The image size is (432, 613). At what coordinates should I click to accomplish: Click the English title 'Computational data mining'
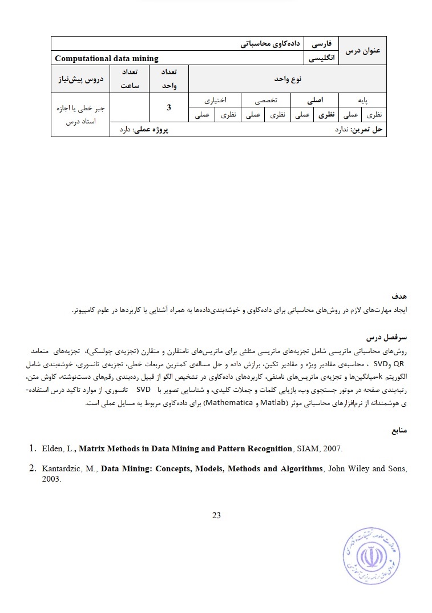click(107, 58)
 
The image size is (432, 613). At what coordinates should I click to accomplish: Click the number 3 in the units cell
click(168, 107)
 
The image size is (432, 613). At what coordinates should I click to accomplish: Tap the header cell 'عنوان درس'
click(363, 51)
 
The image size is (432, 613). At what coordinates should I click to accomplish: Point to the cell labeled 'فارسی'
click(323, 43)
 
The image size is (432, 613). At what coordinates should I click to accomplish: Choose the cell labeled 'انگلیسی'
click(322, 58)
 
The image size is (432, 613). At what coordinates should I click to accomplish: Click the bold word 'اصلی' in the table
click(314, 99)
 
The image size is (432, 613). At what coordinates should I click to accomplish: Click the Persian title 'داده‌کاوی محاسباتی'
click(268, 43)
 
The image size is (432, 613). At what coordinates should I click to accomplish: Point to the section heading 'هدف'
click(399, 298)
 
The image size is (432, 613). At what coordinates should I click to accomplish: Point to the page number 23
click(216, 515)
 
